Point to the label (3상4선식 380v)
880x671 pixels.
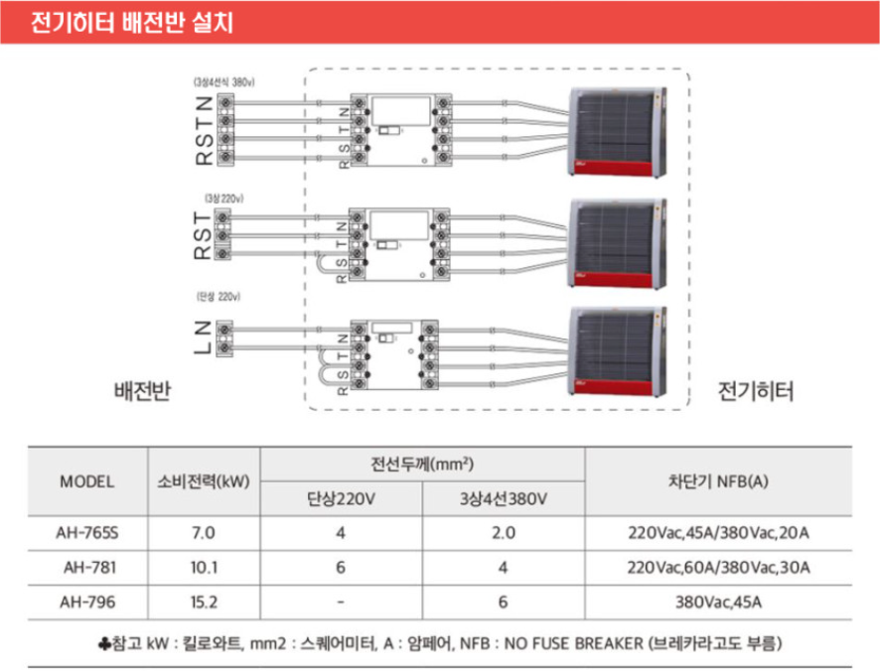tap(223, 81)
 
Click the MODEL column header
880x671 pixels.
tap(87, 482)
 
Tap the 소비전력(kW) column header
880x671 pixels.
tap(202, 482)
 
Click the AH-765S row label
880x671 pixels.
tap(87, 533)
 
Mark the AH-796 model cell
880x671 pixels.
tap(87, 601)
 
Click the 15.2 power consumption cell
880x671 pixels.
tap(202, 601)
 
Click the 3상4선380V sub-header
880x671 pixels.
tap(505, 498)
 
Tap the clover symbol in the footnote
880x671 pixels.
tap(107, 643)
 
